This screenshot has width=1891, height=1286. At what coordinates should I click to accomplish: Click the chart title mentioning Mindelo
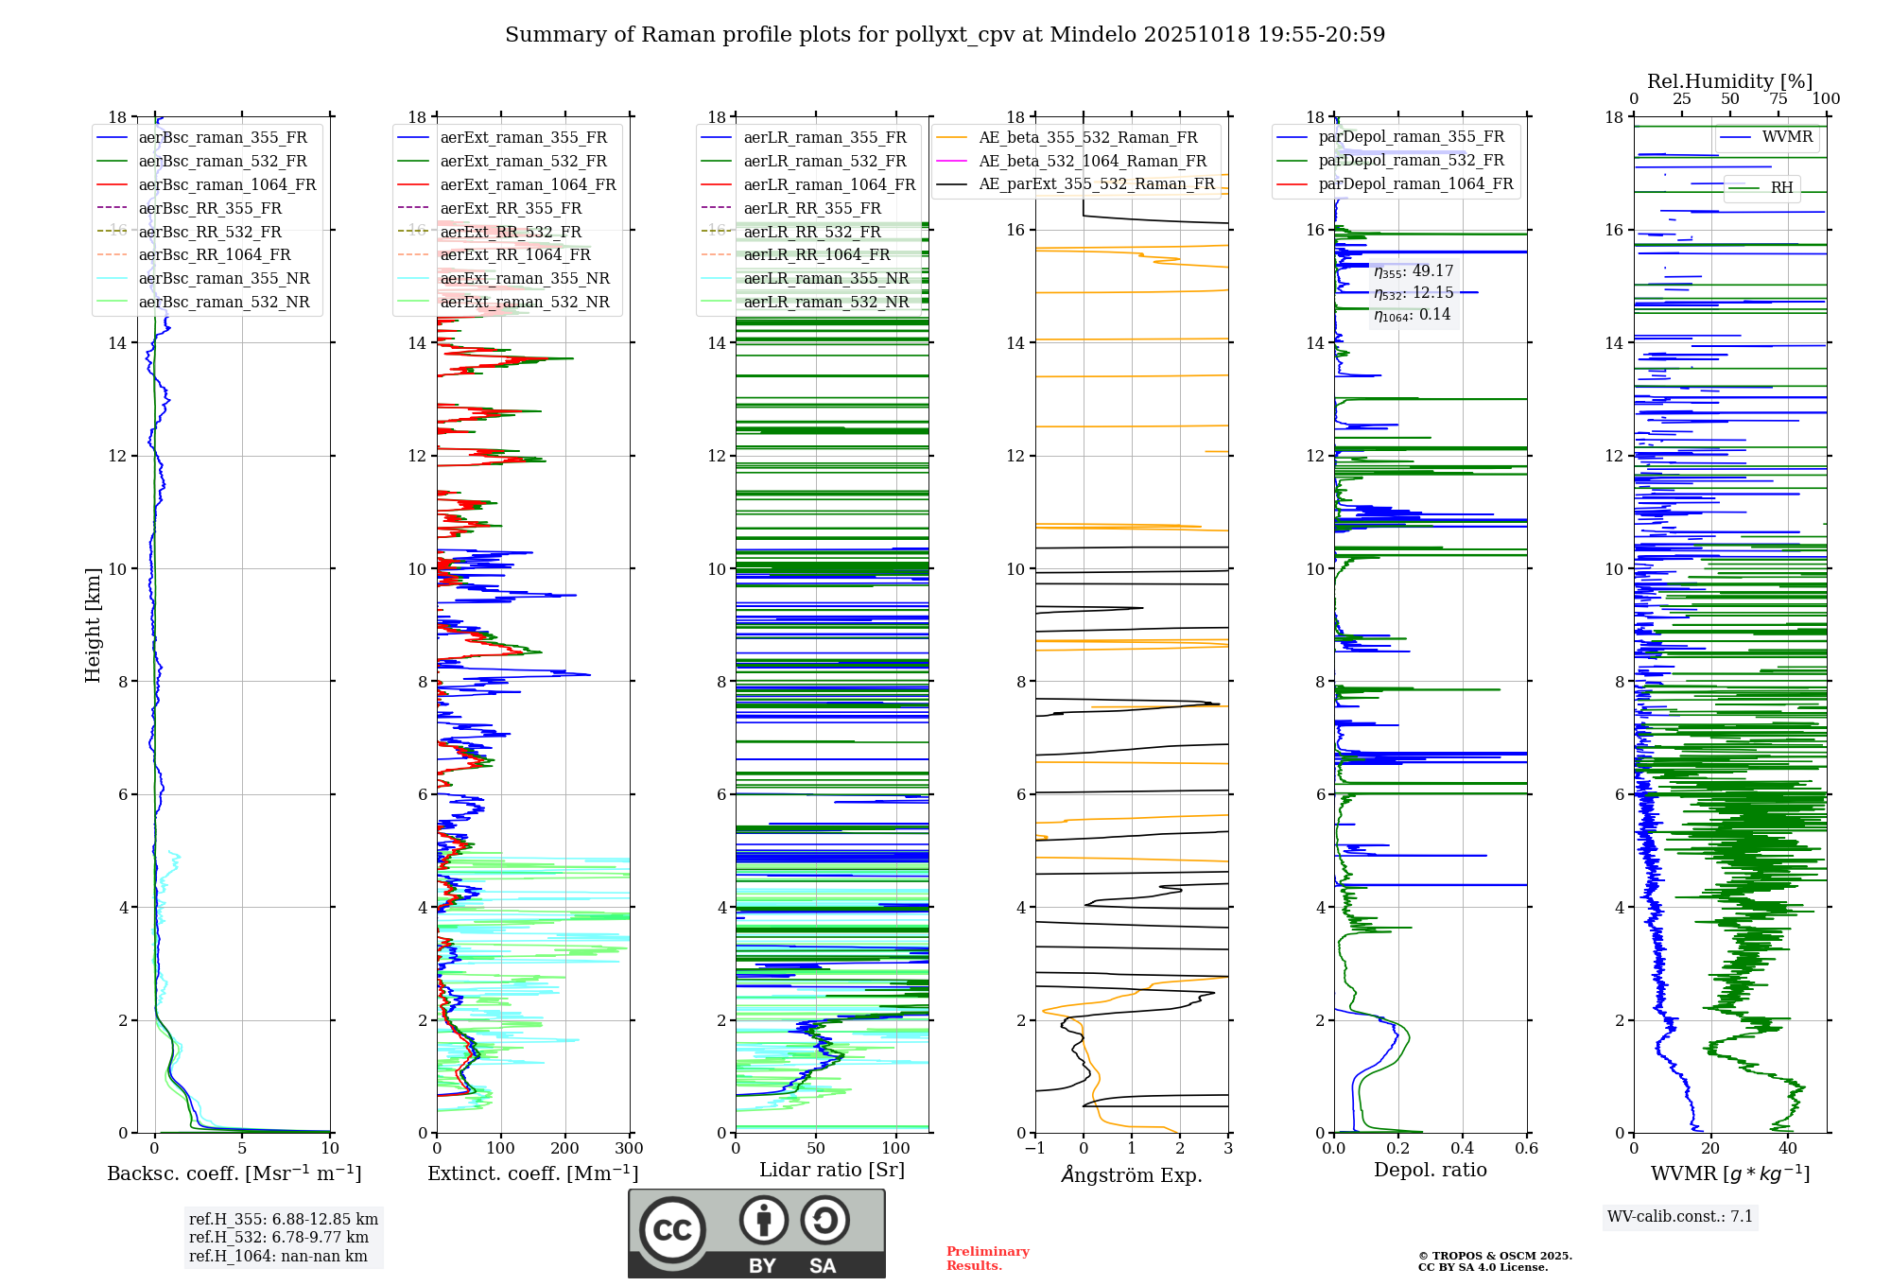tap(945, 35)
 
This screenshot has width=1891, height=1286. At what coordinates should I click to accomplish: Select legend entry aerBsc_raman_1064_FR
tap(227, 184)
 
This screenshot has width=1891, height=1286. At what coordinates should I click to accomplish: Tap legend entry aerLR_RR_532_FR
tap(812, 232)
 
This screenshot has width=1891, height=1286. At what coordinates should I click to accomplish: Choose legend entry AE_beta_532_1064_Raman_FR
tap(1092, 161)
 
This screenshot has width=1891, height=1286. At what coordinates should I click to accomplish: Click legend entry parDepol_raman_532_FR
tap(1411, 160)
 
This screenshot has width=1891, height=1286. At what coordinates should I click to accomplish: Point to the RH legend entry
tap(1781, 188)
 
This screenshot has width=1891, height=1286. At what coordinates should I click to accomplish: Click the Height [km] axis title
tap(93, 624)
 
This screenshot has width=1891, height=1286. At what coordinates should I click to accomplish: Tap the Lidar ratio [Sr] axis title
tap(832, 1170)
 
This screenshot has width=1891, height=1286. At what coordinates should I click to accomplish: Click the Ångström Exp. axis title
tap(1132, 1174)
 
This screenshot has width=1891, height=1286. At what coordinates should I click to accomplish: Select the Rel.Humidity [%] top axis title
tap(1729, 81)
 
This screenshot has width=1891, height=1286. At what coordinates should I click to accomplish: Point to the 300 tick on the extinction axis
tap(629, 1149)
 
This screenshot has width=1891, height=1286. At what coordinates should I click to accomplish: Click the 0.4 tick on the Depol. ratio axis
tap(1463, 1149)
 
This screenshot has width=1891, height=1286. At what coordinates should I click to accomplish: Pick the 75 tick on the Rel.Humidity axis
tap(1778, 99)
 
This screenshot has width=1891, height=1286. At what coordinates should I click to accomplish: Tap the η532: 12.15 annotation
tap(1414, 293)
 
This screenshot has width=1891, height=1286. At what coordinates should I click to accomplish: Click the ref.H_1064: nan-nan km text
tap(278, 1256)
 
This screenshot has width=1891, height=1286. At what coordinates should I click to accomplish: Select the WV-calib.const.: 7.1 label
tap(1680, 1216)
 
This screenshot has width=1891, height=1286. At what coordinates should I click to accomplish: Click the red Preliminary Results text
tap(987, 1258)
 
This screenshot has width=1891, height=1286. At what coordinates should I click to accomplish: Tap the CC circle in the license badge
tap(672, 1230)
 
